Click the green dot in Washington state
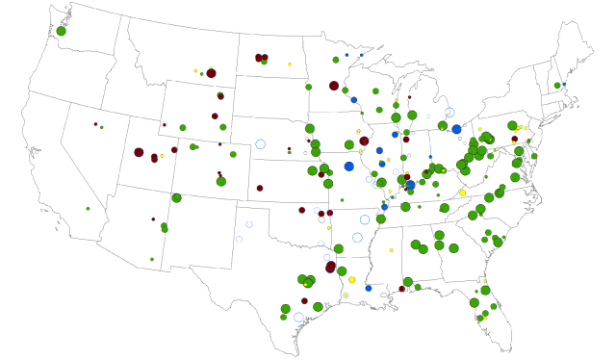pos(61,31)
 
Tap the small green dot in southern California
pos(88,208)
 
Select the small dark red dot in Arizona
pos(153,219)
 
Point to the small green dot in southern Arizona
pos(151,259)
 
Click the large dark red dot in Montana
pos(211,73)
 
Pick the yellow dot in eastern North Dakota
pos(290,64)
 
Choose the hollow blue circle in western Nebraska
pos(260,144)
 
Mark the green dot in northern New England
pos(557,86)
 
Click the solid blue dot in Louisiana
pos(368,288)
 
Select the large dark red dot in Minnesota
pos(334,86)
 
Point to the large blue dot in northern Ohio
pos(456,129)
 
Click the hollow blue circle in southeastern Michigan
pos(449,113)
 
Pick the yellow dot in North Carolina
pos(462,193)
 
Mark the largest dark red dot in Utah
pos(139,152)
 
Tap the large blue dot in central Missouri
pos(348,167)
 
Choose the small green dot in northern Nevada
pos(101,127)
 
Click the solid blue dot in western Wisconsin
pos(353,100)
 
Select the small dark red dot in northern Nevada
pos(95,123)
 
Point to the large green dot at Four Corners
pos(176,197)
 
